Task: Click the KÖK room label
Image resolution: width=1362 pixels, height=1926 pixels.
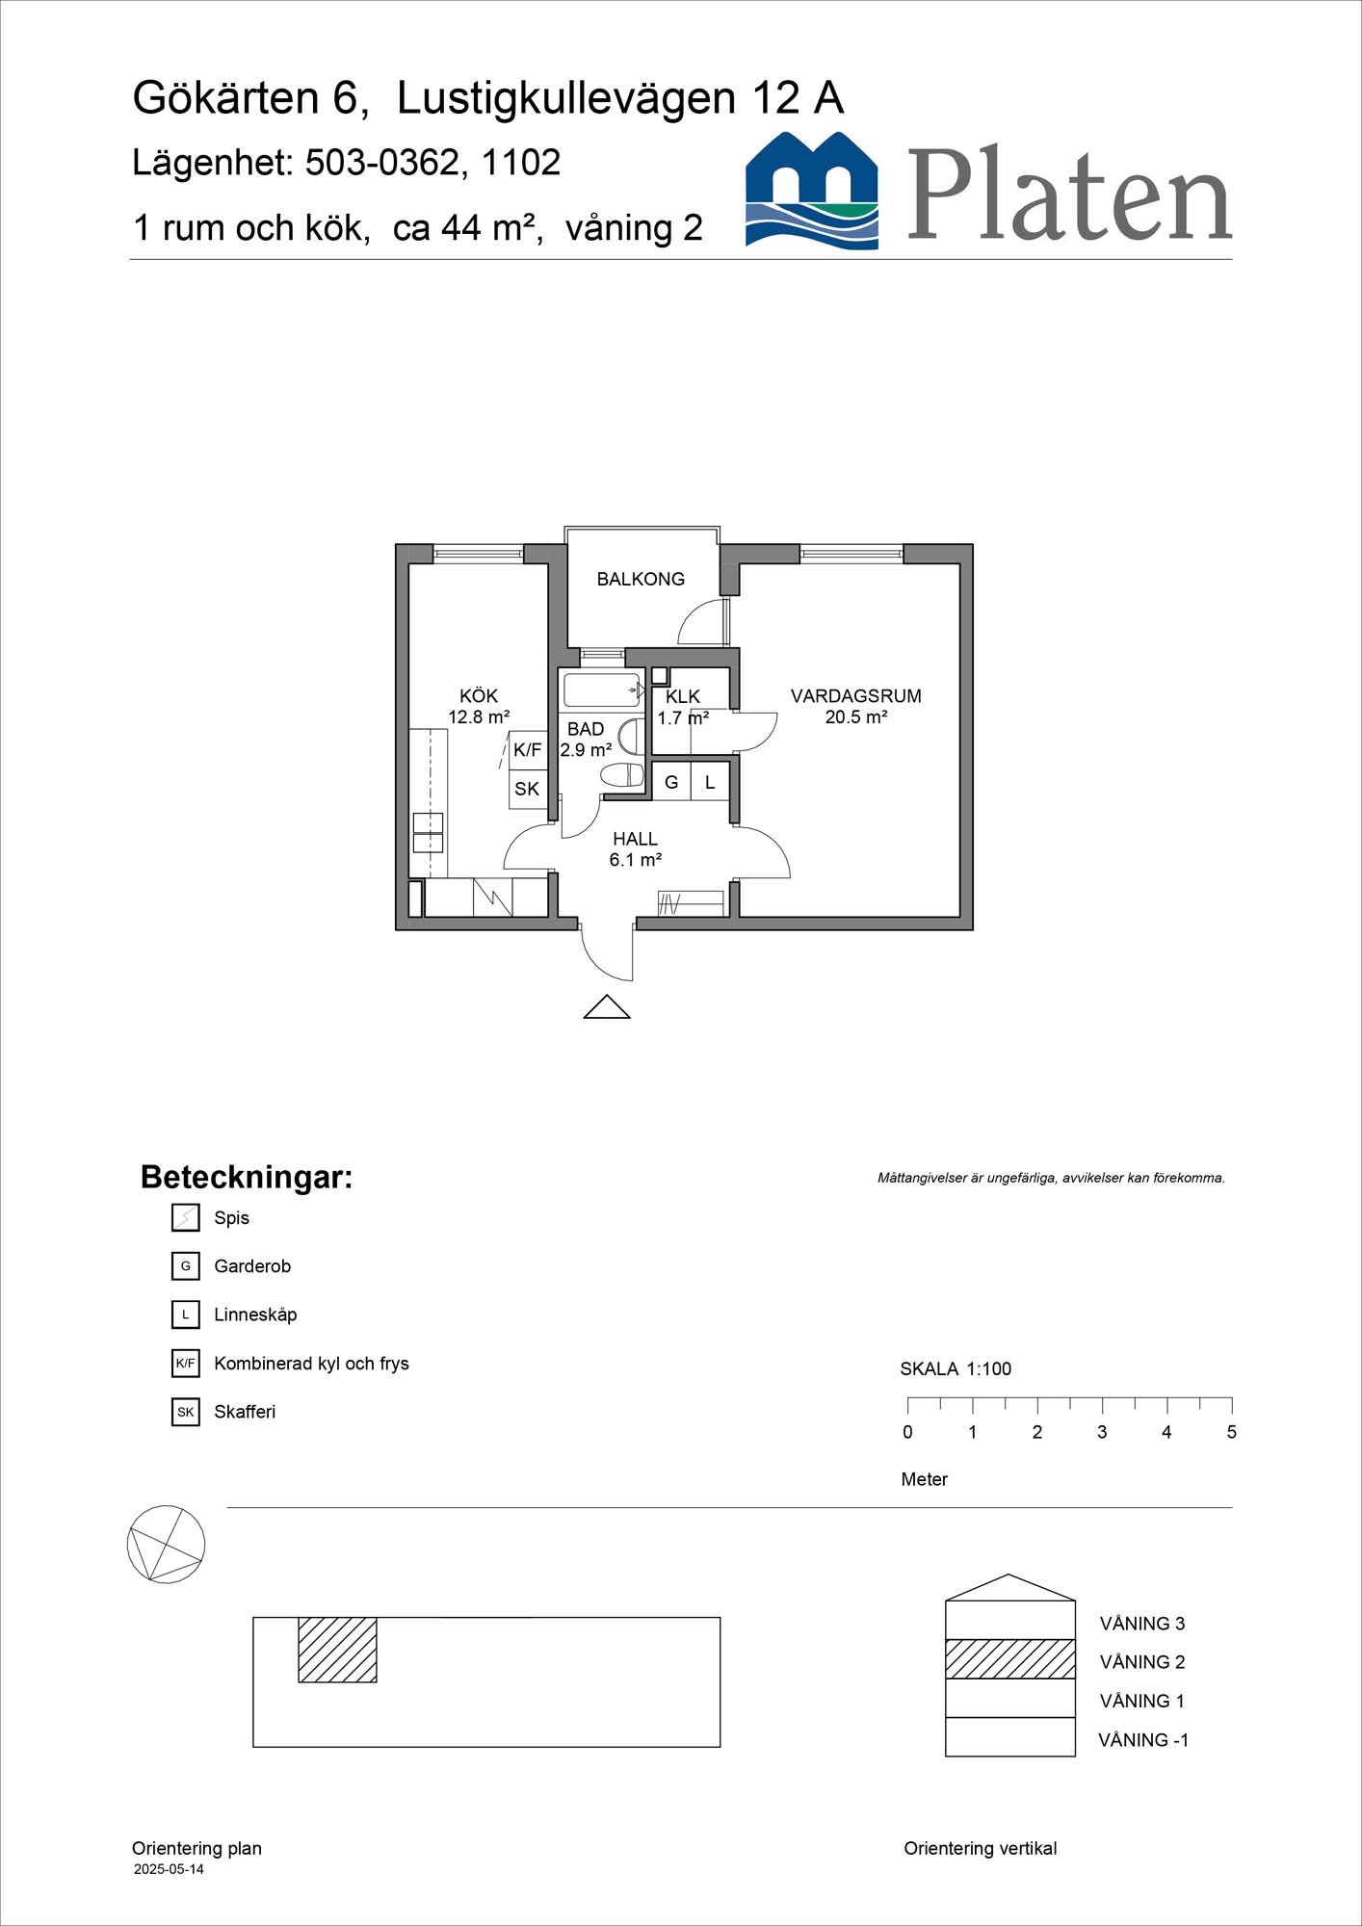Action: (479, 696)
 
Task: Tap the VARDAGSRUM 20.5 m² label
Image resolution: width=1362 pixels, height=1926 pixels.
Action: (855, 706)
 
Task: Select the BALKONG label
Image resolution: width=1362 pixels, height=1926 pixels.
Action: (641, 579)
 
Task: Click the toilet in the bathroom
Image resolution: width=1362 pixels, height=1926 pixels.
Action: (622, 774)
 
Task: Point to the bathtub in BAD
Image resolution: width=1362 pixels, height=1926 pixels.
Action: (601, 690)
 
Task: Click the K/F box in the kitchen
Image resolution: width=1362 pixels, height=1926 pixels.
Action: (528, 750)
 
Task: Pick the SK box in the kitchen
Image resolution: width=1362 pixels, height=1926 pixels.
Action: (527, 790)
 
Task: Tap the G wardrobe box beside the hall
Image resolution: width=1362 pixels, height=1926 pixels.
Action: (671, 782)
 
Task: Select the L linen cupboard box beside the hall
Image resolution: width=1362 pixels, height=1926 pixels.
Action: (710, 782)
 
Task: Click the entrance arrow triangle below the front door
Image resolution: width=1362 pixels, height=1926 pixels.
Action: (607, 1007)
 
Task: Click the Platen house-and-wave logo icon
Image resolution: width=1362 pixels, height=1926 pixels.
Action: (812, 192)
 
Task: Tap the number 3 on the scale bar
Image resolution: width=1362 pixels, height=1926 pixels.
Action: (1102, 1432)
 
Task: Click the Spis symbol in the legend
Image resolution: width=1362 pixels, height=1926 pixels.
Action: (185, 1217)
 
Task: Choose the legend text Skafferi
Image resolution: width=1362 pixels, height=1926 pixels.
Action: (245, 1412)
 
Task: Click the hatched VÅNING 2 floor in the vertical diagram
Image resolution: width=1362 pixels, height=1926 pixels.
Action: (1009, 1659)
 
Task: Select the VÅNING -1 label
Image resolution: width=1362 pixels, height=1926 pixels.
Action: (1143, 1740)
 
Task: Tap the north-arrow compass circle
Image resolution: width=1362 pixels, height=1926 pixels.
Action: (166, 1544)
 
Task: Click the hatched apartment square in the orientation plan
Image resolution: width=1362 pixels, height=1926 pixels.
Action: (337, 1650)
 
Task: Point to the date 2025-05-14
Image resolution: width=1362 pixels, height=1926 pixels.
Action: (169, 1869)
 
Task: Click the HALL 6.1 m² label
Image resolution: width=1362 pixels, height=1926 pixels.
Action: (635, 849)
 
